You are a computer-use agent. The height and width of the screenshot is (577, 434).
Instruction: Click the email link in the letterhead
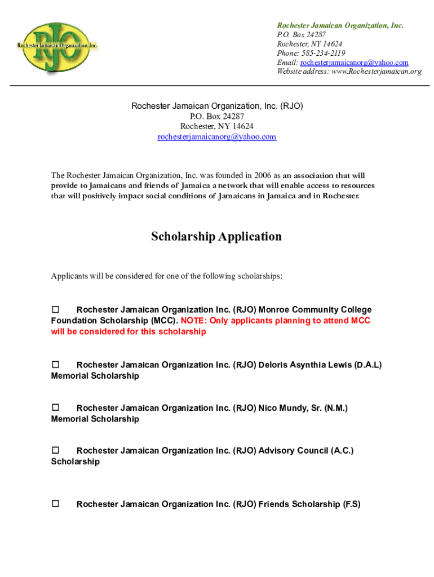click(354, 63)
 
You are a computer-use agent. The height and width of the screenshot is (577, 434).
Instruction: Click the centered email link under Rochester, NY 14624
click(217, 137)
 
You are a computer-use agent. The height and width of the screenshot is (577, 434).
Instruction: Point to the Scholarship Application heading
click(216, 237)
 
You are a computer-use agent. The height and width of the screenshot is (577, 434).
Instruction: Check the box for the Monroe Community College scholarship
click(56, 309)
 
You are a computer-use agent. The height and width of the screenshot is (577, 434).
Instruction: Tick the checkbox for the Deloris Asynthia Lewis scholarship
click(56, 365)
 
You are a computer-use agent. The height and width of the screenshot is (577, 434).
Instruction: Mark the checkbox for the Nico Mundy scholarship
click(56, 407)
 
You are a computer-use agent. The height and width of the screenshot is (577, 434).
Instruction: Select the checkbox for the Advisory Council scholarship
click(56, 450)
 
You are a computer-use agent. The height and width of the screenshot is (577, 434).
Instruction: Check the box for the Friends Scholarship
click(56, 504)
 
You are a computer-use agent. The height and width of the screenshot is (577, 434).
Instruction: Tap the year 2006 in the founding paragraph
click(263, 175)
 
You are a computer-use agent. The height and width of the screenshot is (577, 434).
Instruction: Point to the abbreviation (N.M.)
click(336, 407)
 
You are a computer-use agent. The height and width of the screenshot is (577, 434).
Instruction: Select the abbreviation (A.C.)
click(342, 450)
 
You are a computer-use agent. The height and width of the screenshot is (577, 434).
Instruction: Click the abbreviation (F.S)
click(351, 504)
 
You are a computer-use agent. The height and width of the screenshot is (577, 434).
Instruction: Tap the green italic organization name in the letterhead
click(340, 25)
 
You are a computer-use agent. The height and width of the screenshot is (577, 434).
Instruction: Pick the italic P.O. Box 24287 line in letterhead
click(301, 34)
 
